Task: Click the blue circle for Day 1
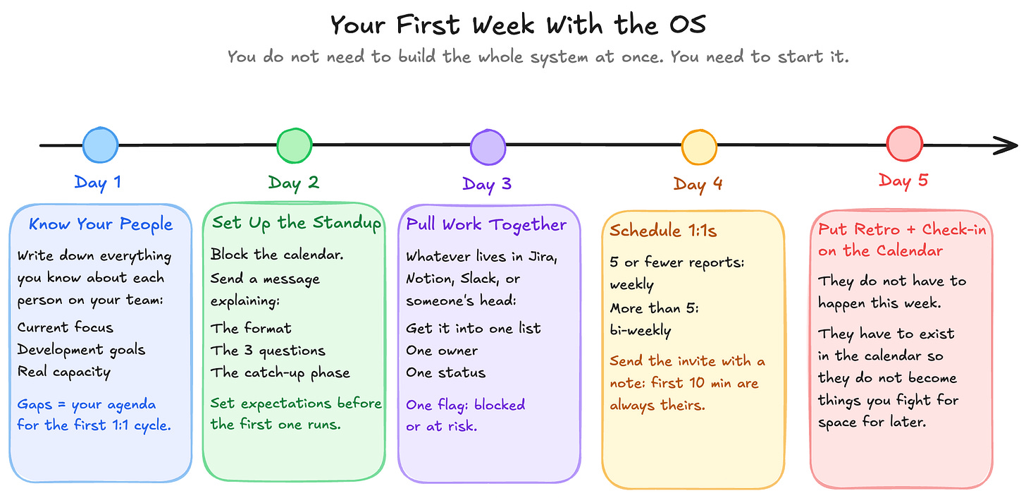point(100,145)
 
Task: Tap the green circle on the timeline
point(294,146)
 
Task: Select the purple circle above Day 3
point(488,147)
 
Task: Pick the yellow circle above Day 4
point(698,147)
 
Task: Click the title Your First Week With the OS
point(518,26)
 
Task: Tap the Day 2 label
point(293,183)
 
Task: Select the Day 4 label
point(698,184)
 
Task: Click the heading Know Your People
point(100,224)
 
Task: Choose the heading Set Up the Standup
point(297,223)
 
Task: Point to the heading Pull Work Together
point(486,224)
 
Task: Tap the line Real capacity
point(63,372)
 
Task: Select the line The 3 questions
point(268,351)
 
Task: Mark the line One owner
point(441,351)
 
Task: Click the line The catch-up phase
point(280,372)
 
